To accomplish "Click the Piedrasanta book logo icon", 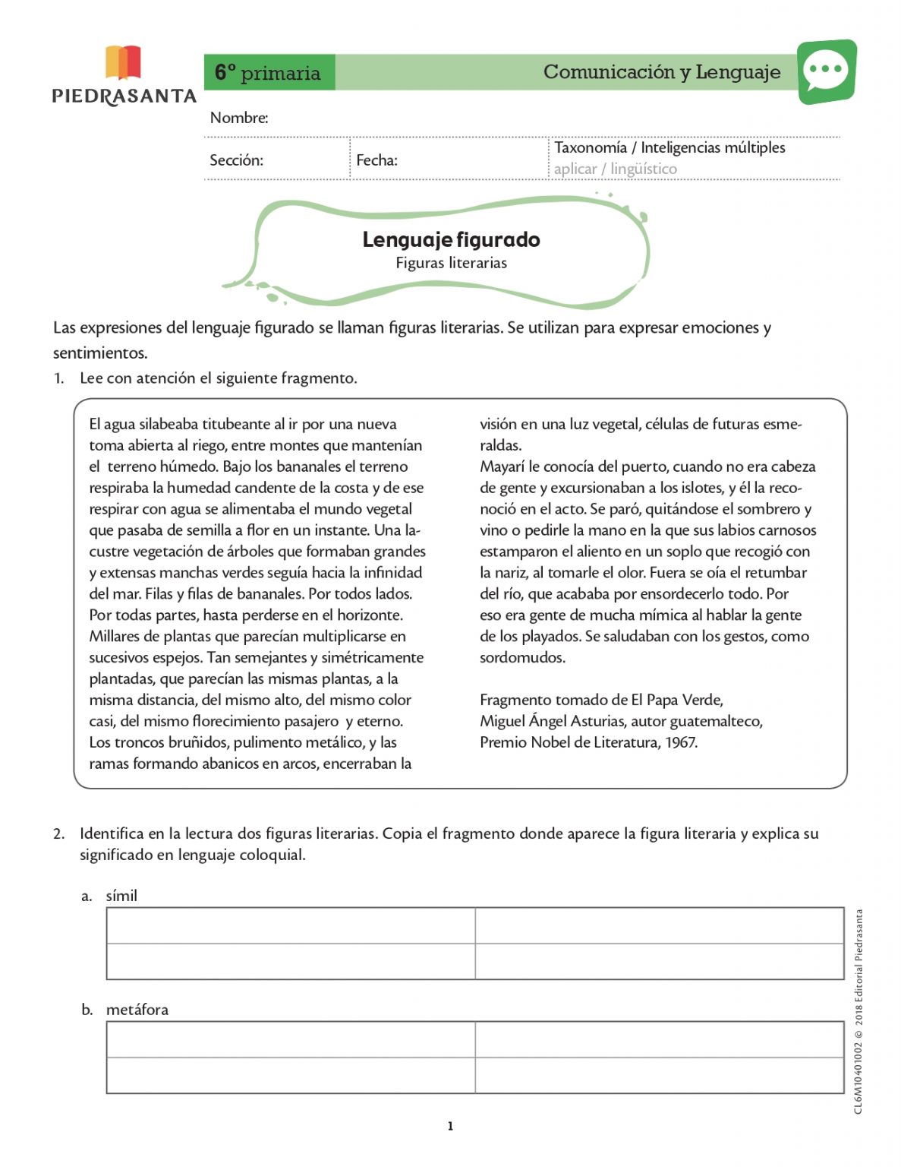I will pos(123,62).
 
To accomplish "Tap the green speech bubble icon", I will pos(826,71).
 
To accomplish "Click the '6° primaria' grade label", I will pos(268,73).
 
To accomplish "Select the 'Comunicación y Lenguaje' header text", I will pos(661,72).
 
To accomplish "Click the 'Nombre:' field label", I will pos(239,118).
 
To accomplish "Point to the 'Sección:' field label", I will pos(236,160).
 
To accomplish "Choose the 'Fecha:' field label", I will pos(376,160).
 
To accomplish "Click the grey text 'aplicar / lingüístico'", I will pos(615,169).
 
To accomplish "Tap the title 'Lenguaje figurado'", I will pos(451,240).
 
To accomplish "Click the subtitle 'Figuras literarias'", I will pos(451,263).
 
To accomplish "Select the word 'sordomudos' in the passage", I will pos(521,658).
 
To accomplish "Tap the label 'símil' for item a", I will pos(121,896).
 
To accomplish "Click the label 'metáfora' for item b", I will pos(137,1010).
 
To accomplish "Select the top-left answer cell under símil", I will pos(291,925).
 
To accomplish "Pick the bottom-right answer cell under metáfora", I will pos(659,1075).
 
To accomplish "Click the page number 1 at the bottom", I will pos(450,1126).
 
